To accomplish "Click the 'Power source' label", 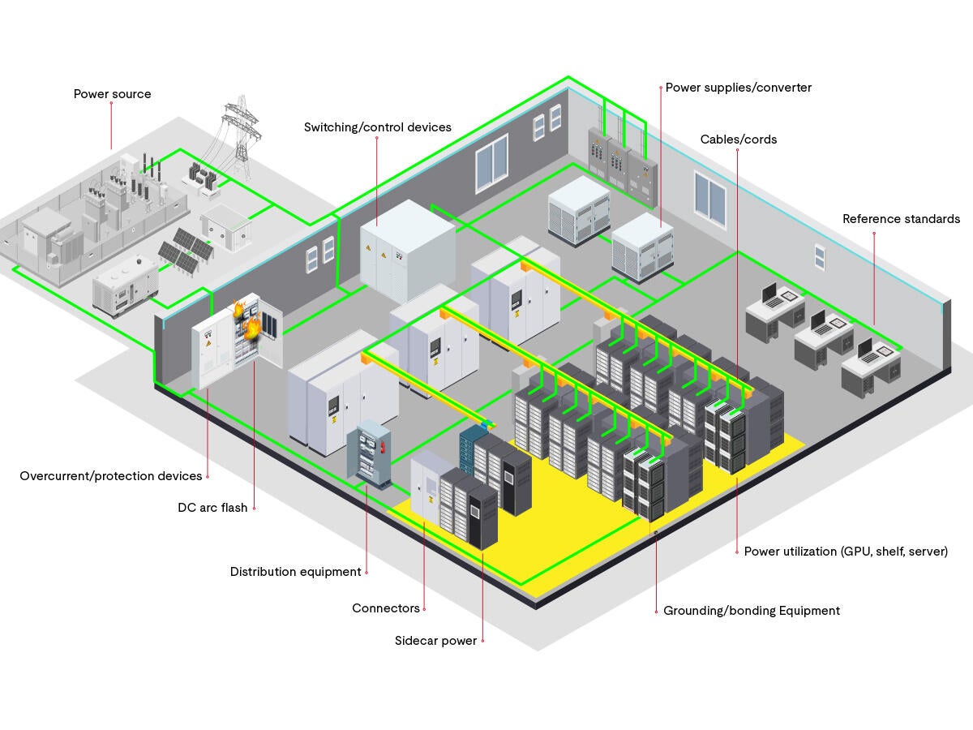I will (x=112, y=94).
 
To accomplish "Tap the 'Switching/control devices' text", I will (x=377, y=127).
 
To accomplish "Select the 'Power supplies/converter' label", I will (x=738, y=88).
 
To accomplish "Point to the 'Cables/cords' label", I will (x=738, y=140).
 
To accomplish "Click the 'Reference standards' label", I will (x=901, y=219).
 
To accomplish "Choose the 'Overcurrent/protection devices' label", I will (x=110, y=476).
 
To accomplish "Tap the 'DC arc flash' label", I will (x=212, y=508).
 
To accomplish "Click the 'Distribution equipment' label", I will (x=295, y=572).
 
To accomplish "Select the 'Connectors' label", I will (x=386, y=608).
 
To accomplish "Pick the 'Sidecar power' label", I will (x=435, y=641).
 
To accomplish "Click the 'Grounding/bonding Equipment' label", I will (x=751, y=611).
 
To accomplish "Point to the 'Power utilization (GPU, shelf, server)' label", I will (x=846, y=552).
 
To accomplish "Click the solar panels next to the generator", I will (x=186, y=248).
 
